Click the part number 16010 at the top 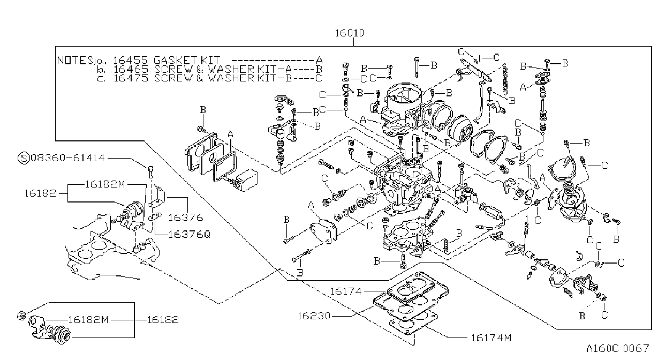click(350, 33)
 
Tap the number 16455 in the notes click(130, 60)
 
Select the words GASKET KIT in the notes click(186, 60)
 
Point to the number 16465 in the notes click(131, 69)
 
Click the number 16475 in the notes click(131, 78)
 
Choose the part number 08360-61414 click(67, 158)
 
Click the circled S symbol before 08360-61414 click(24, 158)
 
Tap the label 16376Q click(190, 234)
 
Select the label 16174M click(491, 338)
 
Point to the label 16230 click(314, 316)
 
